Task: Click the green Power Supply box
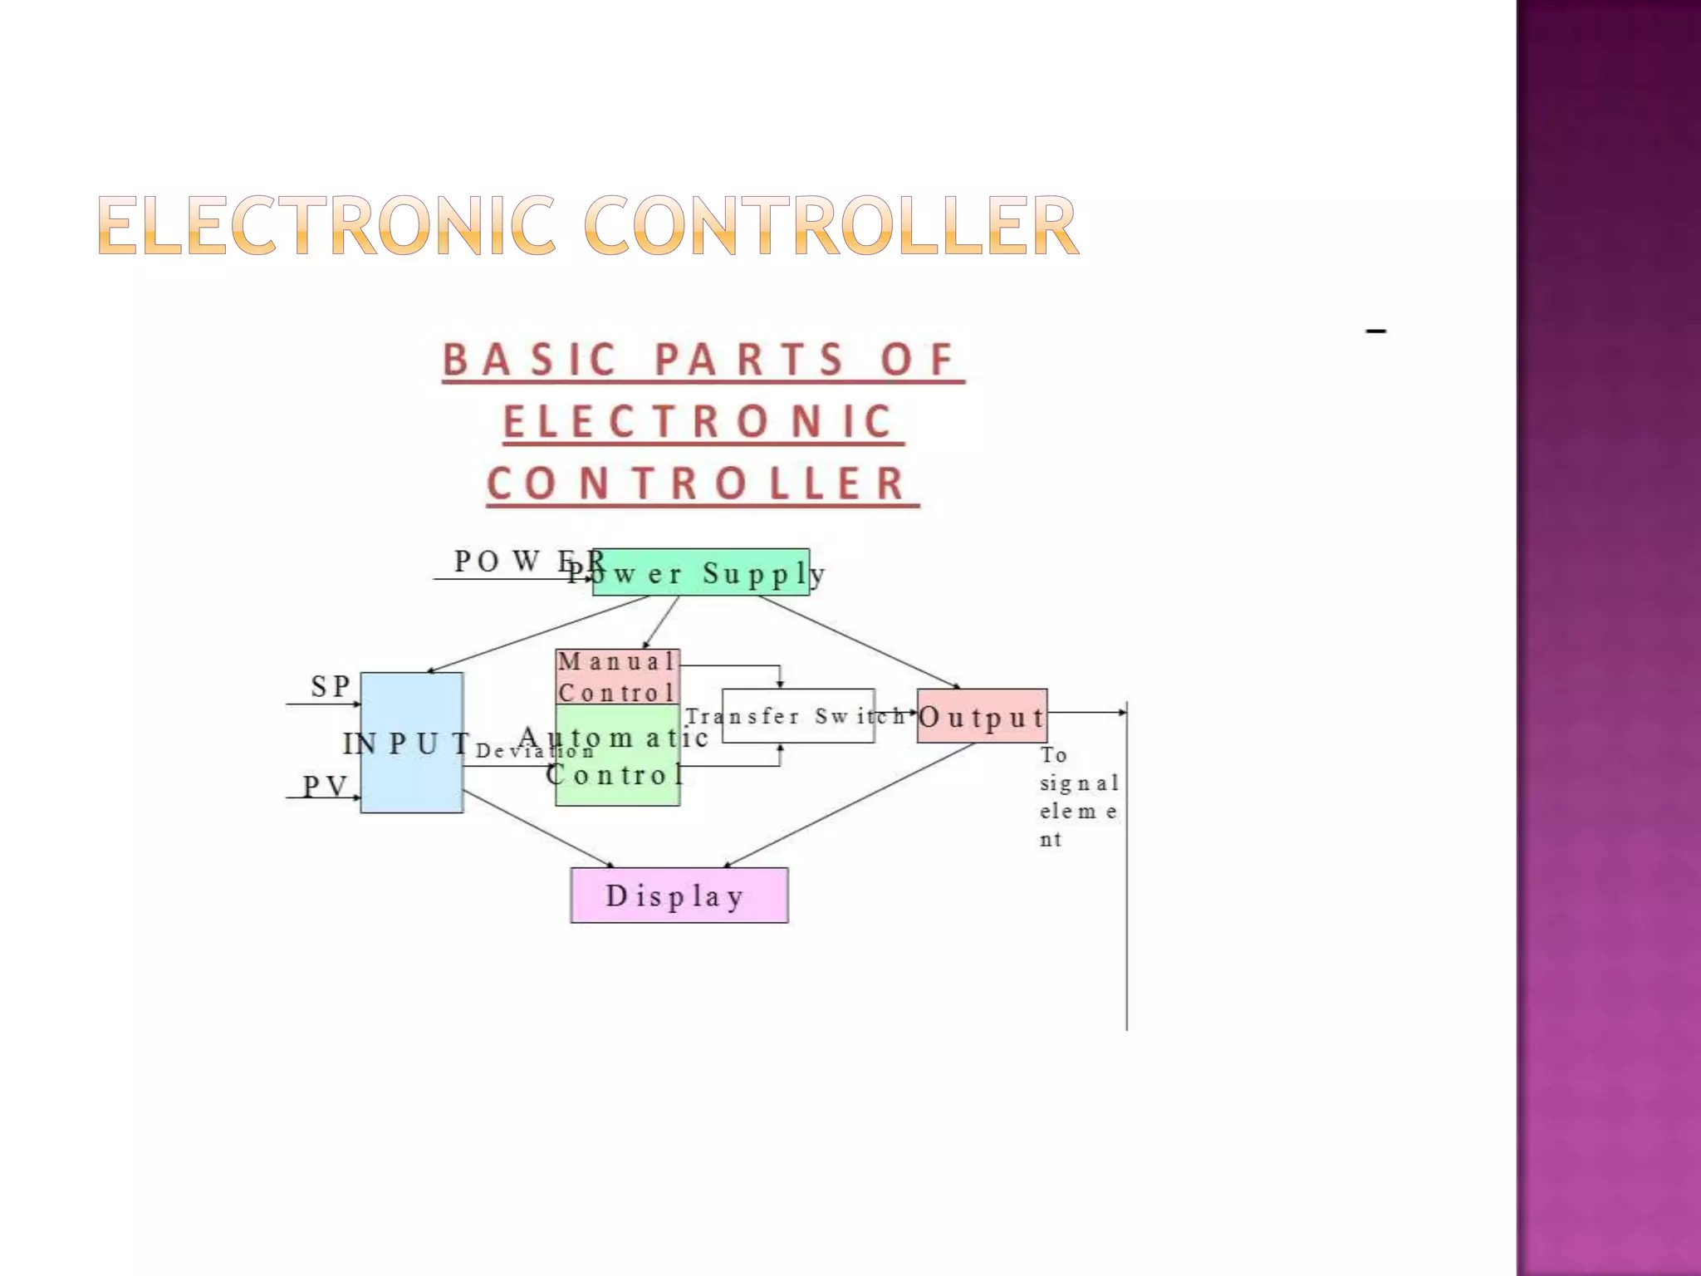coord(701,572)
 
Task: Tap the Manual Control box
coord(618,677)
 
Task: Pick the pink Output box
coord(982,716)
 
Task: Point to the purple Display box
coord(679,896)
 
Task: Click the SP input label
coord(331,686)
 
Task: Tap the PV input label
coord(325,786)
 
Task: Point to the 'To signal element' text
coord(1078,797)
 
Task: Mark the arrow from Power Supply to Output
coord(860,642)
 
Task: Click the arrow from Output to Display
coord(855,804)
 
